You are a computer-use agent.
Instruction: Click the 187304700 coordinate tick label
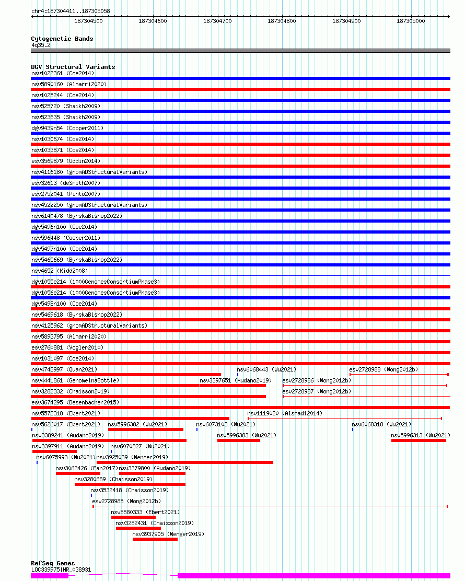coord(217,21)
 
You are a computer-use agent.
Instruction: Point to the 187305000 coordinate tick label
coord(411,21)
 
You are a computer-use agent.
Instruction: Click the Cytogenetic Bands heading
coord(62,39)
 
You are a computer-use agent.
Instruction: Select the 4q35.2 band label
coord(41,45)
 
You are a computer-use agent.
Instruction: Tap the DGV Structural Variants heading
coord(73,67)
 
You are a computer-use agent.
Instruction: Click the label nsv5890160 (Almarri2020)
coord(69,84)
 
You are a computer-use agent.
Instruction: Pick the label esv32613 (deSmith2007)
coord(66,183)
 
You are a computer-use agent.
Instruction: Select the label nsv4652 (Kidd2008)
coord(60,271)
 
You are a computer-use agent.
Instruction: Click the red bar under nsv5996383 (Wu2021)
coord(239,440)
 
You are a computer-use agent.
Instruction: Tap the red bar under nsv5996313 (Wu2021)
coord(419,440)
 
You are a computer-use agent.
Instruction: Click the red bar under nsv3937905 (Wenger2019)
coord(155,540)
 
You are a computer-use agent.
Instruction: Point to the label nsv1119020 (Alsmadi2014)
coord(285,413)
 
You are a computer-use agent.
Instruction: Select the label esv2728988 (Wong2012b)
coord(383,369)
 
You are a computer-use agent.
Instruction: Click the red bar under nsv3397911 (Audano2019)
coord(54,451)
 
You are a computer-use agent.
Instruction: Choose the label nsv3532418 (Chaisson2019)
coord(130,490)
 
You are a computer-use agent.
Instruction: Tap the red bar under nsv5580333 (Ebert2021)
coord(133,517)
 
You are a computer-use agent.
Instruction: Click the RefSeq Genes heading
coord(53,563)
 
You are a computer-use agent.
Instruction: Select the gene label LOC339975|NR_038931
coord(61,570)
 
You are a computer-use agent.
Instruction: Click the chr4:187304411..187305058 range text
coord(71,11)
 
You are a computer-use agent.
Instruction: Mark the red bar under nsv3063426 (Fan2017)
coord(78,473)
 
